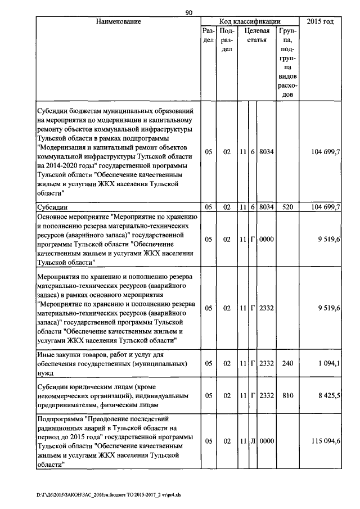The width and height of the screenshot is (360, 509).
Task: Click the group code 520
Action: tap(288, 207)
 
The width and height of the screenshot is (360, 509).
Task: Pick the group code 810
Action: tap(288, 396)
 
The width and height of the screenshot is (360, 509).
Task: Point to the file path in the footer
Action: tap(110, 496)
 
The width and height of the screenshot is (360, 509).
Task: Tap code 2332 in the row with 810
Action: tap(266, 396)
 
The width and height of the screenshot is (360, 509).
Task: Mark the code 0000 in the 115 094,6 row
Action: tap(266, 442)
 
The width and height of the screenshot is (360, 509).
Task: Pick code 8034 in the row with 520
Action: tap(266, 207)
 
